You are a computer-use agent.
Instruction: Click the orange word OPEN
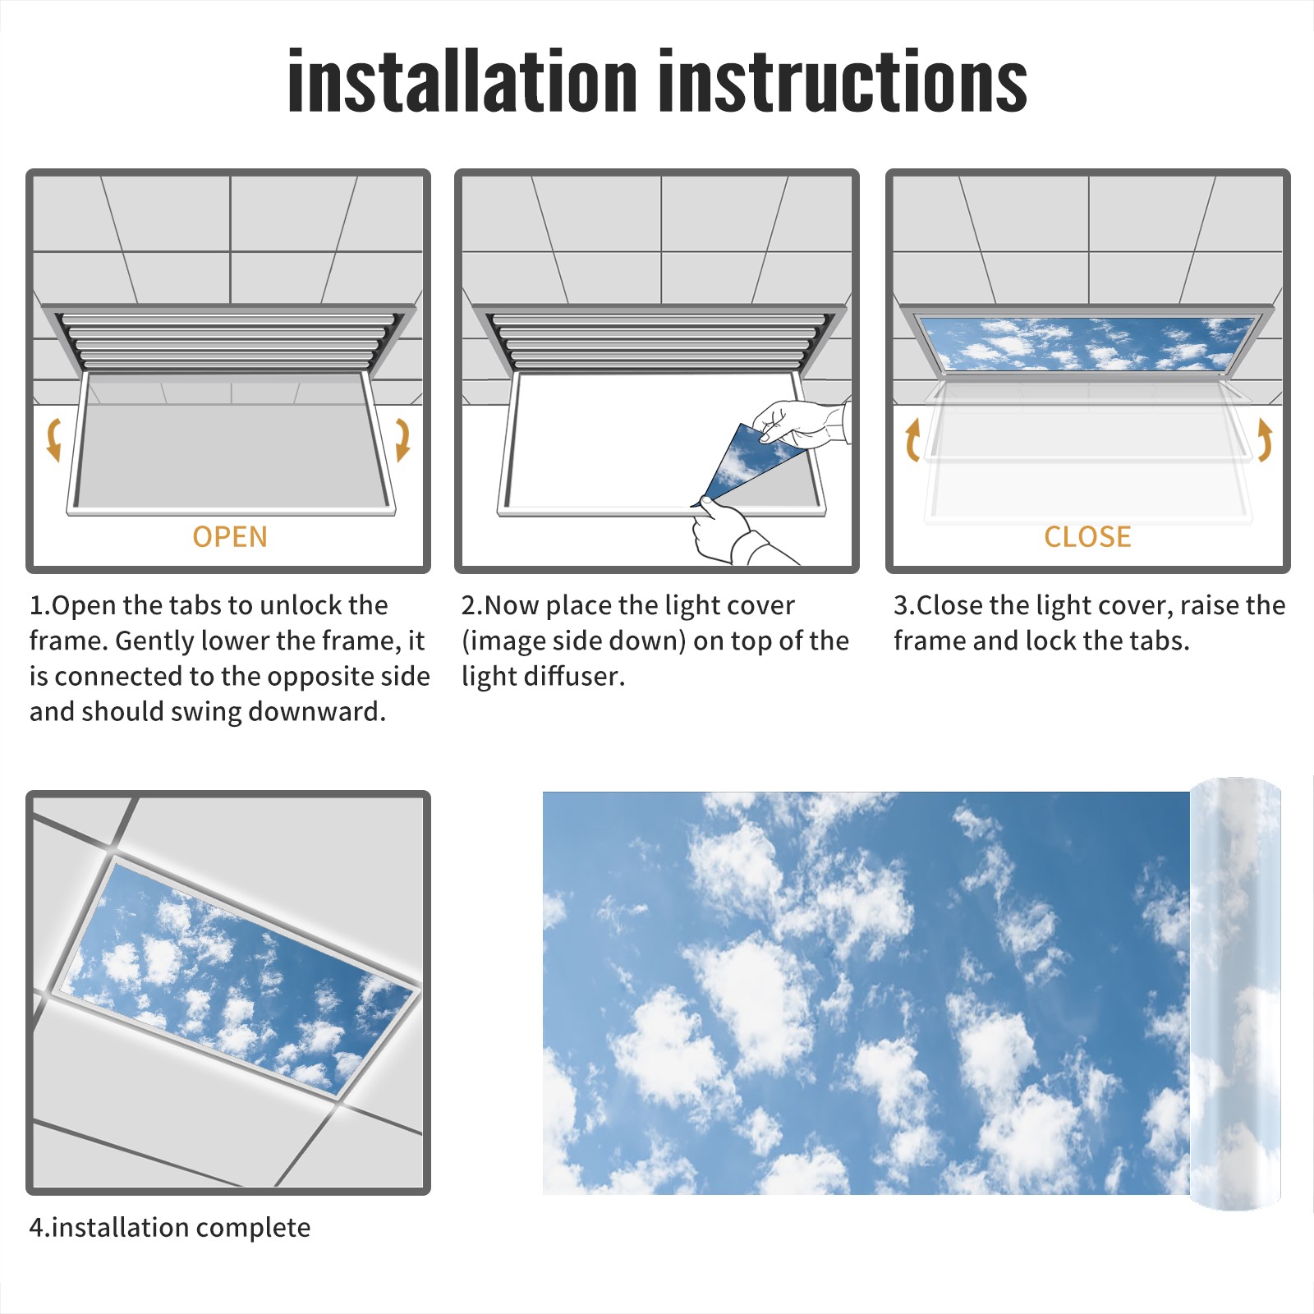coord(230,537)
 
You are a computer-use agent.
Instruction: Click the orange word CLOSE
coord(1087,537)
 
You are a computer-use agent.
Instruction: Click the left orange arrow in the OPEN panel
coord(53,439)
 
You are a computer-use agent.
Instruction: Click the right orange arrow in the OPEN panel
coord(402,439)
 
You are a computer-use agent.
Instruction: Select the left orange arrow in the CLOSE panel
coord(912,439)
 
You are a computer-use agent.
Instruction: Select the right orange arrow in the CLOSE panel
coord(1265,439)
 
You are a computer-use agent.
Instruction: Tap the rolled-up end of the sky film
coord(1235,994)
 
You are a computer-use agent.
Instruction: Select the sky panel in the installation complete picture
coord(238,977)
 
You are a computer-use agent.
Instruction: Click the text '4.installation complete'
coord(170,1228)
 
